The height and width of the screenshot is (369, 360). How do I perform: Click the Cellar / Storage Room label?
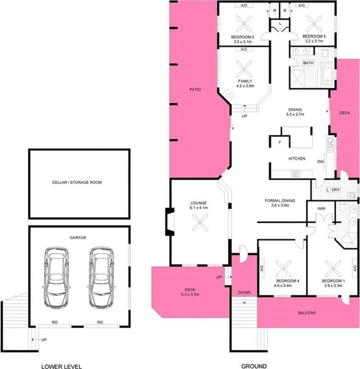pos(77,182)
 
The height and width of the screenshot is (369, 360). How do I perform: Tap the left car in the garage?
pos(56,277)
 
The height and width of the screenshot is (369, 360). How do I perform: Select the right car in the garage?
pos(100,277)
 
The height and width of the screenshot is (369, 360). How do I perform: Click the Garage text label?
pos(78,237)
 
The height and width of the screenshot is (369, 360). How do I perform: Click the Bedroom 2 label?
pos(242,40)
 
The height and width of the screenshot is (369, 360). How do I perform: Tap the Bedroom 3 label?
pos(313,40)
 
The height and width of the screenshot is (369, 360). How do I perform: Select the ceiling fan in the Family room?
pos(245,69)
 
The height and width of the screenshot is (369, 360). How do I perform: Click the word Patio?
pos(195,90)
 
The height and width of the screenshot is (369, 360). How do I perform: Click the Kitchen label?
pos(297,159)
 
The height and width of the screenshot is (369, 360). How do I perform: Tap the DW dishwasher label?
pos(320,162)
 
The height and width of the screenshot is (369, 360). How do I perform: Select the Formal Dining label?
pos(279,202)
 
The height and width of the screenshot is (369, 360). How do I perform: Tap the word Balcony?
pos(307,313)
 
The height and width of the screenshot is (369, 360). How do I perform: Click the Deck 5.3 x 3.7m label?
pos(190,292)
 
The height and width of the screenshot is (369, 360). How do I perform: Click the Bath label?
pos(308,63)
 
